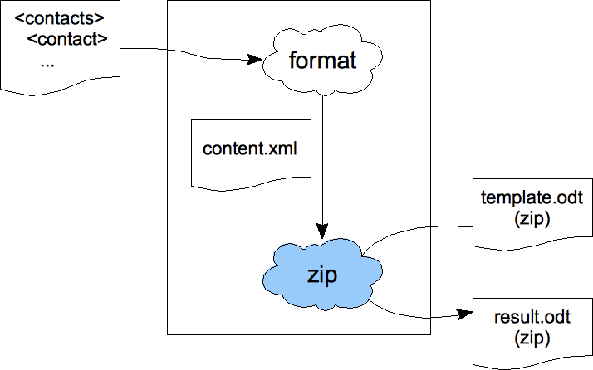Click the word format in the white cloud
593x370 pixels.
click(x=322, y=60)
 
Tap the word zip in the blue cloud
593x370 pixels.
click(x=322, y=275)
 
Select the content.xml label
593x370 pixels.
click(x=250, y=148)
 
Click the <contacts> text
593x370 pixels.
click(x=59, y=18)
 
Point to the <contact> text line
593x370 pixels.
click(x=68, y=38)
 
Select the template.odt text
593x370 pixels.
click(x=532, y=198)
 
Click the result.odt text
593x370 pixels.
click(x=532, y=317)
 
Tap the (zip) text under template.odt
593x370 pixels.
click(x=532, y=219)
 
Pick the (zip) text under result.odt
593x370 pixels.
click(x=532, y=338)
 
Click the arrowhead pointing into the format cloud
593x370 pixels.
click(x=255, y=60)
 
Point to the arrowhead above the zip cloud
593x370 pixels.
click(x=322, y=231)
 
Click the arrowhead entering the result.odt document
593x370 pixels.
click(x=465, y=314)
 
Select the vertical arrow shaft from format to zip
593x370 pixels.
click(x=322, y=159)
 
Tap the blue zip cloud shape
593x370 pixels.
click(x=322, y=275)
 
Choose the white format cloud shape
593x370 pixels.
click(x=322, y=61)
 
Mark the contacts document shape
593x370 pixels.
click(x=60, y=47)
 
